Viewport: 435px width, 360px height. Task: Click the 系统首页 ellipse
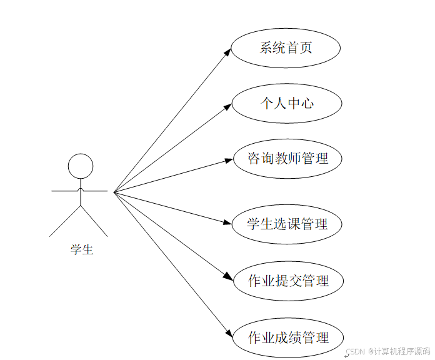point(286,48)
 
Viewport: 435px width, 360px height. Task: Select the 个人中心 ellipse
point(287,103)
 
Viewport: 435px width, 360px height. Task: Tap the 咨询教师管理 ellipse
point(287,159)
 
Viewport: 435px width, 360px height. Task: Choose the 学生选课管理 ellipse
point(287,224)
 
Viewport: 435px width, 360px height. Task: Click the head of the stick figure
point(80,166)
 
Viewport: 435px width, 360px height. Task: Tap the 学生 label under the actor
point(82,250)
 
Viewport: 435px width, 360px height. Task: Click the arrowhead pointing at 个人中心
point(229,107)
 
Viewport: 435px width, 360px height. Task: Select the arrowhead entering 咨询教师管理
point(229,160)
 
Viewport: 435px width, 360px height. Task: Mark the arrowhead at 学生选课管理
point(229,222)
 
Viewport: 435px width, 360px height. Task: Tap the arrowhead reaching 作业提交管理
point(229,278)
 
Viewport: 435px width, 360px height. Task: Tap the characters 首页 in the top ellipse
point(299,48)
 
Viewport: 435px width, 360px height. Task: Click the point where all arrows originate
point(114,192)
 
